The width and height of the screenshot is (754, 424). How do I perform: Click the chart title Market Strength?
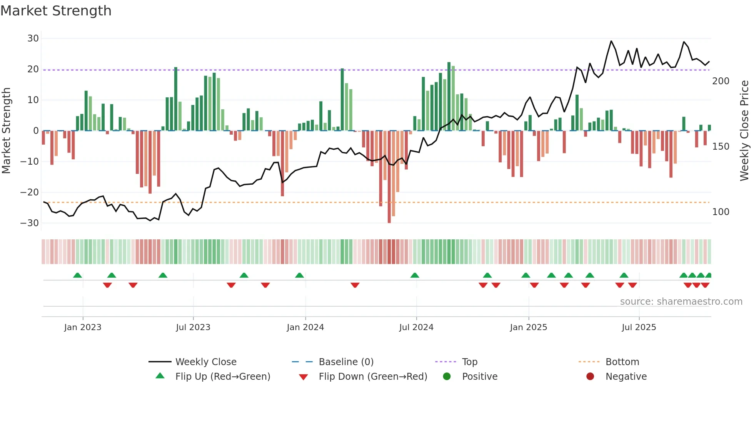coord(56,11)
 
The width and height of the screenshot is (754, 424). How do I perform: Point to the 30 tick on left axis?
coord(33,38)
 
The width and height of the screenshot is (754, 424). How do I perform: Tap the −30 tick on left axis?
coord(30,223)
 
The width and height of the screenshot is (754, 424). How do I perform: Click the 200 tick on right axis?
coord(721,81)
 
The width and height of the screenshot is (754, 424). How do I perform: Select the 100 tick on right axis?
coord(721,212)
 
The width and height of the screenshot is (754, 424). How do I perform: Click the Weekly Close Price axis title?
coord(744,131)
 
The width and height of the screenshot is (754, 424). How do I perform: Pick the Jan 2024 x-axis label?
coord(305,327)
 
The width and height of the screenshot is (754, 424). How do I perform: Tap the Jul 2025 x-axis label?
coord(639,327)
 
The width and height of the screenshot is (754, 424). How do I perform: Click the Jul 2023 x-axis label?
coord(193,327)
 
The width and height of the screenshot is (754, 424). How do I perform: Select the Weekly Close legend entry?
coord(206,362)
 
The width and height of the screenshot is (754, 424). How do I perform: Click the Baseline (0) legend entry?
coord(346,362)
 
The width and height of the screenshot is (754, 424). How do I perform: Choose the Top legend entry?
coord(470,362)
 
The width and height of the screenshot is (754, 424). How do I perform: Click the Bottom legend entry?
coord(622,362)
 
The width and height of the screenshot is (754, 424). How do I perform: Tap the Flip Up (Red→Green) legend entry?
coord(223,377)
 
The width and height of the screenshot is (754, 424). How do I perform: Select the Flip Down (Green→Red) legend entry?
coord(373,377)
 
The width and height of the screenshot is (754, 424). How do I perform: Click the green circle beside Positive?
coord(447,376)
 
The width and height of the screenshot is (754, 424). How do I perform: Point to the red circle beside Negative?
coord(590,376)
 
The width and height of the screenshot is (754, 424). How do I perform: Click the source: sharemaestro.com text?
coord(681,302)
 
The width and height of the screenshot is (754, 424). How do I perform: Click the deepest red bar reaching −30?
coord(389,177)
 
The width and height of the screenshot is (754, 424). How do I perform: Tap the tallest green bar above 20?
coord(449,96)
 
